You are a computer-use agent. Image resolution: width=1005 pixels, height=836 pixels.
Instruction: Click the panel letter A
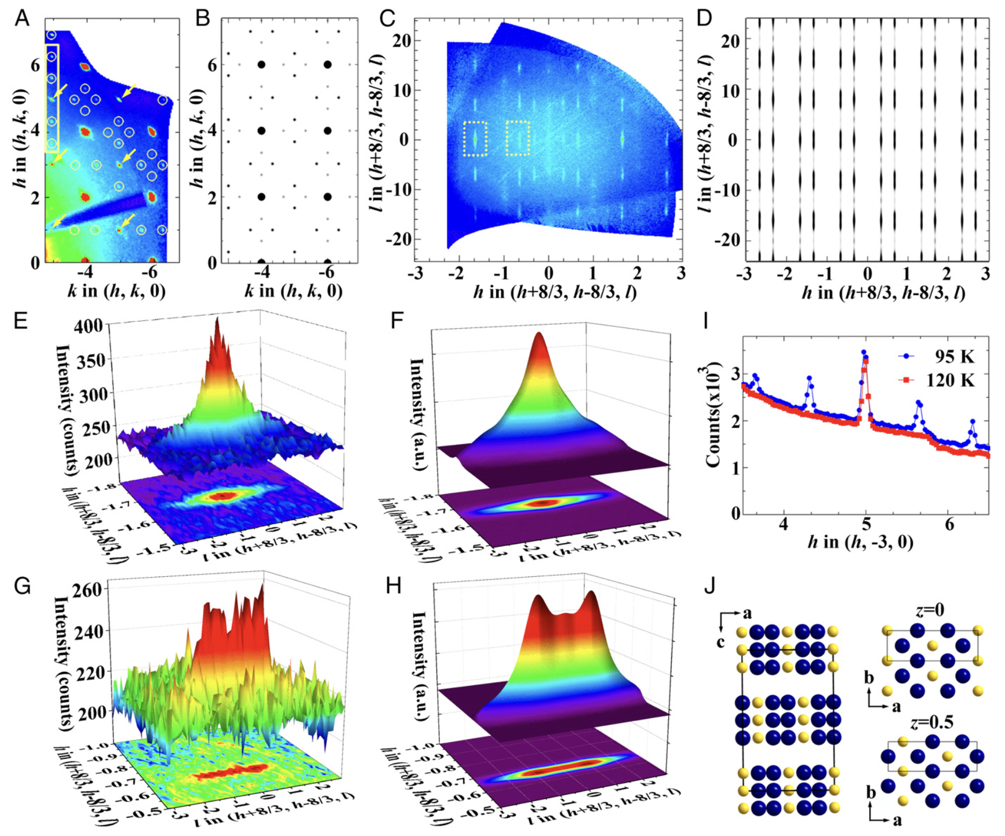point(22,19)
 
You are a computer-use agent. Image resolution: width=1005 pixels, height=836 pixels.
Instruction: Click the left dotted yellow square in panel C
point(475,139)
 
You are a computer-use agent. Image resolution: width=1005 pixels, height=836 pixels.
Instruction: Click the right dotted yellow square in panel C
point(518,139)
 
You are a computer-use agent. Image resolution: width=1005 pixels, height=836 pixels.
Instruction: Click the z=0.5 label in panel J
point(930,722)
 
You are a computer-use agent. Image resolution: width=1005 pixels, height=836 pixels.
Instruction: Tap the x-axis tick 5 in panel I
point(866,524)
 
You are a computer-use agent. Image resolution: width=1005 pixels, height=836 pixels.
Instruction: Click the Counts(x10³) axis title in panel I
point(712,416)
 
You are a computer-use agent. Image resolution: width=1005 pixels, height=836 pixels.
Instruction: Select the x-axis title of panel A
point(116,290)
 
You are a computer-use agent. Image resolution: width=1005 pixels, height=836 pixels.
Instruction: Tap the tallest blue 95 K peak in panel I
point(864,352)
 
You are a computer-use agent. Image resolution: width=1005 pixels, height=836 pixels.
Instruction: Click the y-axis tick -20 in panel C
point(396,239)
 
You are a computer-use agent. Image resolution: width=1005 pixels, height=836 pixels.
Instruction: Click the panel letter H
point(394,586)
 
